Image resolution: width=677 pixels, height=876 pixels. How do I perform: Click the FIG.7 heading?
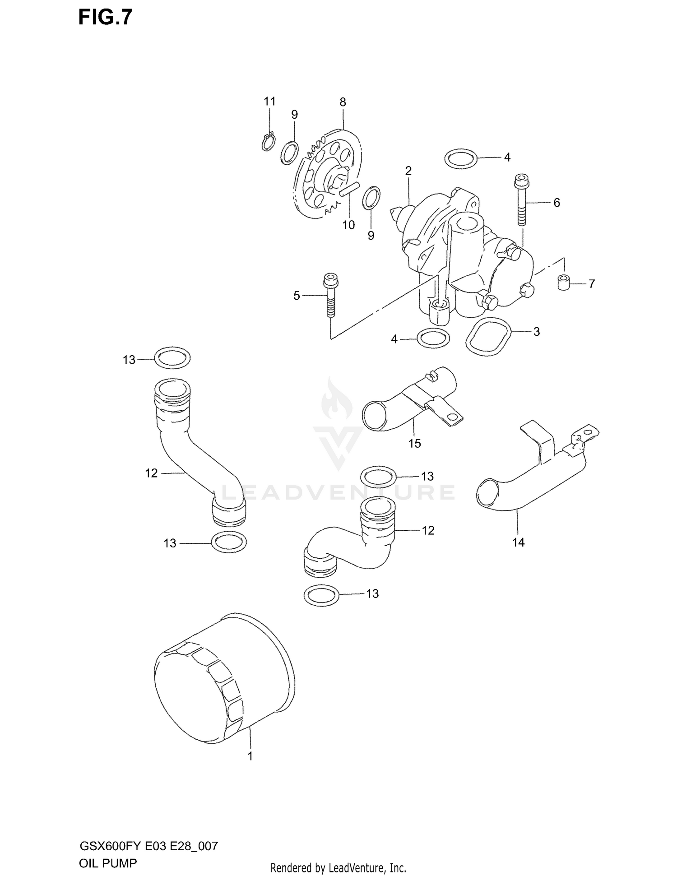(x=105, y=17)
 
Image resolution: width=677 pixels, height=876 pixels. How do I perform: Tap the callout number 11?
(x=269, y=102)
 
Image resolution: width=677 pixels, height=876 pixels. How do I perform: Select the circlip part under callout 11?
(x=268, y=141)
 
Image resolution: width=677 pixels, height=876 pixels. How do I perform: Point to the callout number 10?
(x=348, y=225)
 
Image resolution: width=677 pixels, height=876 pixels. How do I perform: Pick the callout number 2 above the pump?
(x=408, y=171)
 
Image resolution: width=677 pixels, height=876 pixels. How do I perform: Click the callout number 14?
(x=518, y=542)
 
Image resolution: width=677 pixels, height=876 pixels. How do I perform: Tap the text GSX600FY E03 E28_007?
(x=148, y=834)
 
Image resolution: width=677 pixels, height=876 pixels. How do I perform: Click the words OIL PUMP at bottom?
(x=108, y=851)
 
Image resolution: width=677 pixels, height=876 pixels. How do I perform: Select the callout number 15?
(x=414, y=443)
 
